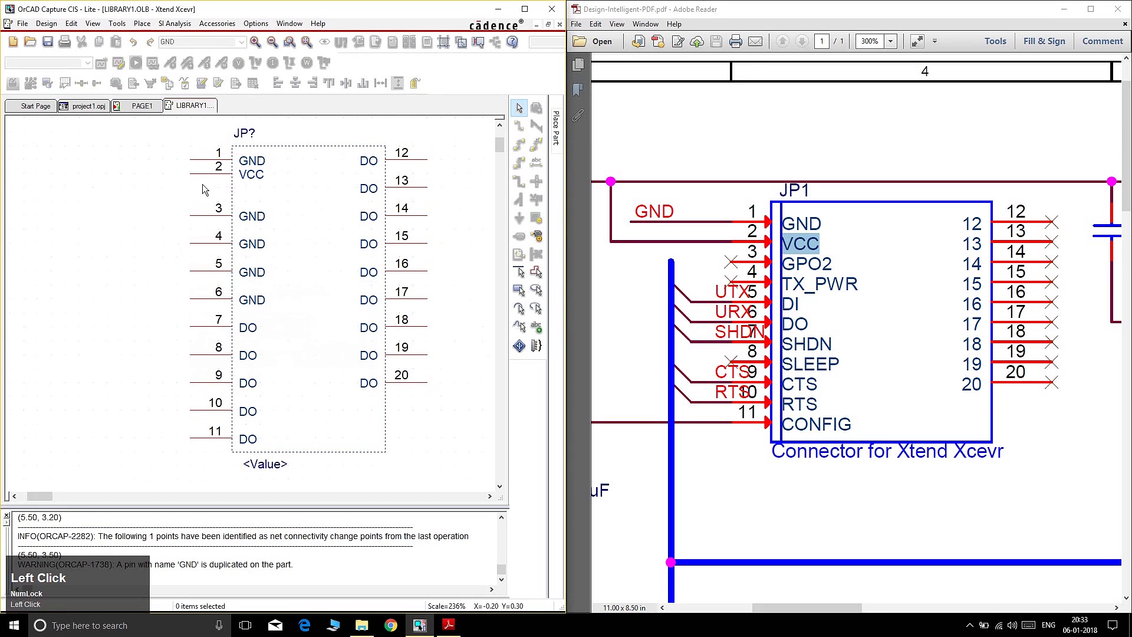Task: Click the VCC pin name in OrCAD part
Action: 251,175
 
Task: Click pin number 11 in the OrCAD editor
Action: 215,431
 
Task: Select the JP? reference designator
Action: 244,133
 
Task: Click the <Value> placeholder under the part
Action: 265,464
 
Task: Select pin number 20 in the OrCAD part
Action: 402,375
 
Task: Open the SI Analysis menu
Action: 175,24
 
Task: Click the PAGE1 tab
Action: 141,106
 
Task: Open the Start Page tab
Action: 35,106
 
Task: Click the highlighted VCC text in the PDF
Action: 800,244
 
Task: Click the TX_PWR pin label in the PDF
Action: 820,284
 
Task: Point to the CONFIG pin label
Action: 817,425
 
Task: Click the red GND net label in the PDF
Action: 654,212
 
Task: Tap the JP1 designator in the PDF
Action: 794,191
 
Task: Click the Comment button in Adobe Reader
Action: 1103,41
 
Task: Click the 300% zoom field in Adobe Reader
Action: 870,41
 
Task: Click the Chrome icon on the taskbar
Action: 391,625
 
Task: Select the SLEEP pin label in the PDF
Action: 810,365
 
